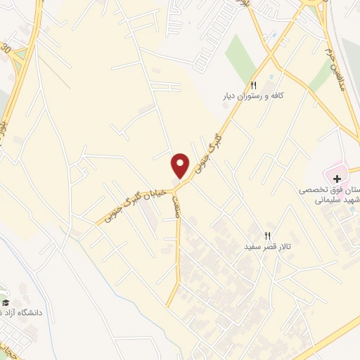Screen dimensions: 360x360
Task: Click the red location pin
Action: pyautogui.click(x=181, y=165)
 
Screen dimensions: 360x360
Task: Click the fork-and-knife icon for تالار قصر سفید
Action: pyautogui.click(x=267, y=236)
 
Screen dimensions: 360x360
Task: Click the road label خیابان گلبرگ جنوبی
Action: pyautogui.click(x=137, y=200)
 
